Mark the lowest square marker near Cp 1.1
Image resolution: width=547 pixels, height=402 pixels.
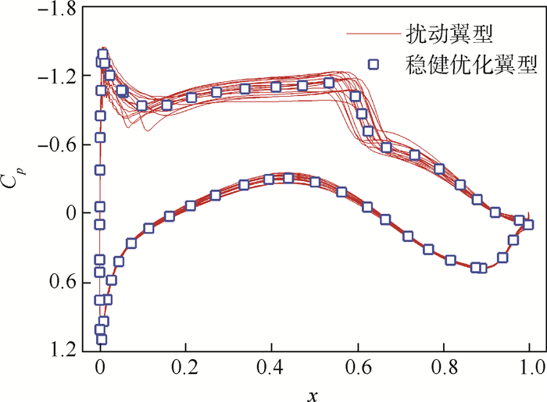tap(102, 339)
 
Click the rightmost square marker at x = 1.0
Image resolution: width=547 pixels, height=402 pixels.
tap(529, 225)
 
